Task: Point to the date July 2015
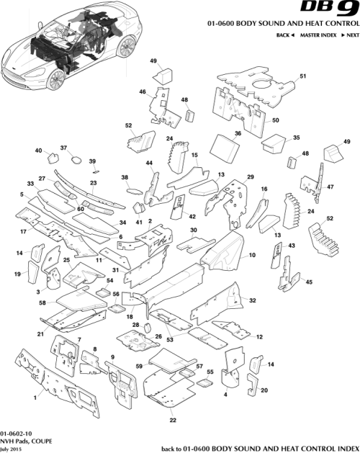click(x=12, y=449)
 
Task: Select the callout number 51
click(x=303, y=76)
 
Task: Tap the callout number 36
click(x=237, y=133)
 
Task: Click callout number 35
click(x=295, y=137)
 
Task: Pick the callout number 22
click(x=172, y=420)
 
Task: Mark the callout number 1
click(x=34, y=397)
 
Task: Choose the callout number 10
click(x=252, y=256)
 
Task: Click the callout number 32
click(x=253, y=300)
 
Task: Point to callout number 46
click(x=143, y=91)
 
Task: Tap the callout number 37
click(x=63, y=148)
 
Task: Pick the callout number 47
click(x=331, y=187)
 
